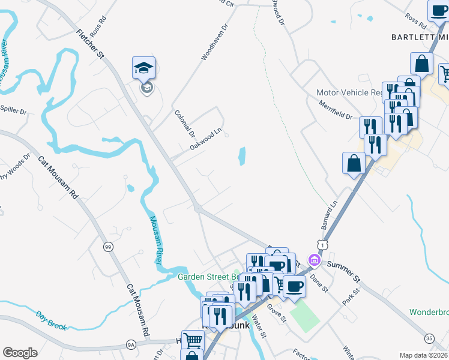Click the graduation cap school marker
[x=144, y=68]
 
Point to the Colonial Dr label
[x=185, y=121]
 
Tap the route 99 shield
[x=107, y=247]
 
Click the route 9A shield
[x=131, y=344]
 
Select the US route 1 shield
[x=324, y=245]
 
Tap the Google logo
[x=20, y=353]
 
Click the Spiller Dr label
[x=14, y=111]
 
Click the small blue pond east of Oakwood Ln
[x=242, y=156]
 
